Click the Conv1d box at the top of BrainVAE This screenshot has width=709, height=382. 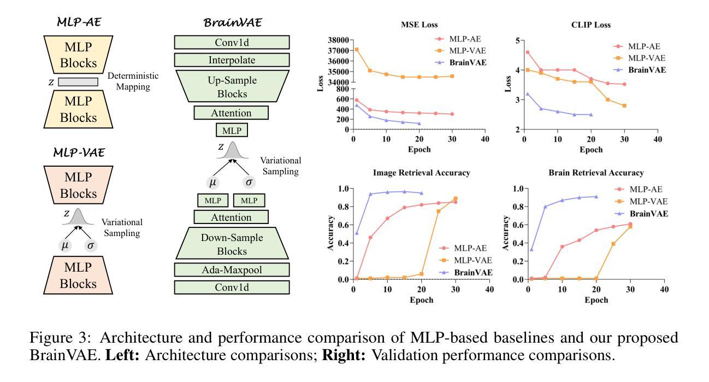coord(232,43)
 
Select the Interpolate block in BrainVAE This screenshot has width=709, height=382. coord(232,60)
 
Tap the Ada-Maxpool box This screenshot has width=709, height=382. coord(232,269)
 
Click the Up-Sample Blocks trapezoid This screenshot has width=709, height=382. coord(232,86)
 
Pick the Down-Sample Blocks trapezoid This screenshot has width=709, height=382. coord(232,244)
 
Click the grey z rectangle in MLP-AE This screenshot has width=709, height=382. coord(78,82)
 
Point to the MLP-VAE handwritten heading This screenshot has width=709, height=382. coord(78,152)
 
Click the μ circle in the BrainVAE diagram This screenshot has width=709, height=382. coord(214,182)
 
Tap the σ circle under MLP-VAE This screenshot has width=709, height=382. coord(91,246)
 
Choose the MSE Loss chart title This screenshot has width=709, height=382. coord(420,25)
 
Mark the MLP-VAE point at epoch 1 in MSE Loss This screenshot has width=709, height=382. coord(357,49)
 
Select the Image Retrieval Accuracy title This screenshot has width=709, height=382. coord(421,173)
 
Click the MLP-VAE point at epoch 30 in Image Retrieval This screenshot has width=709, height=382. coord(456,199)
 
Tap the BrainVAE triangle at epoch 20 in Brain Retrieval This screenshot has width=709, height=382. coord(596,197)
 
